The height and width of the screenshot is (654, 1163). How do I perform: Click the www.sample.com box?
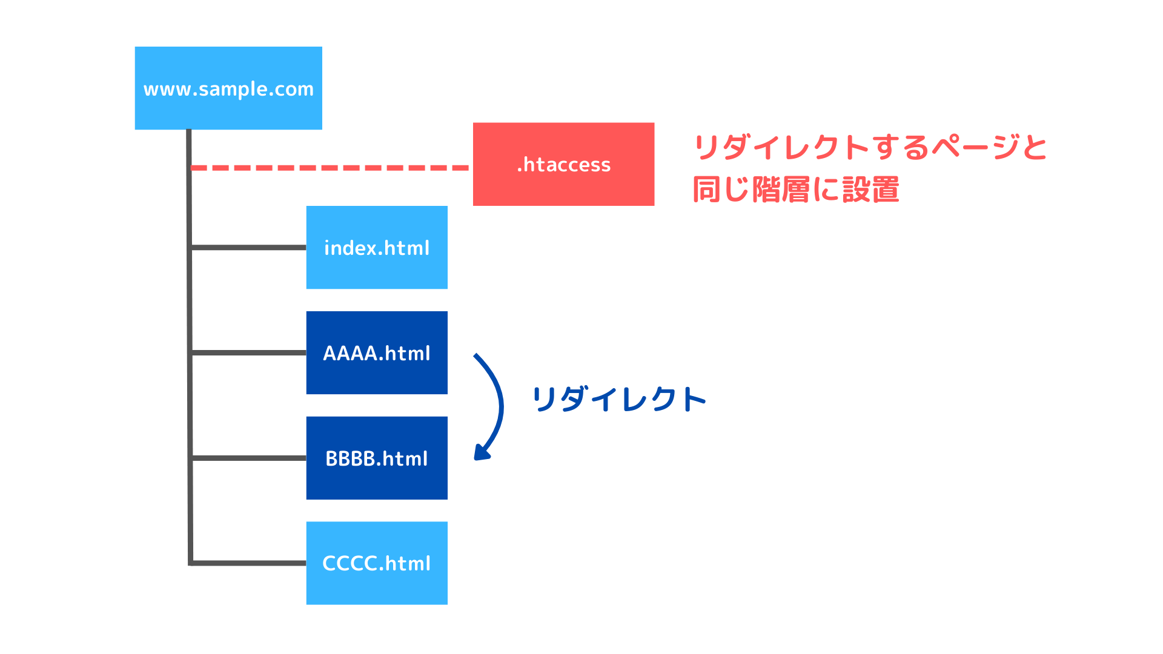coord(228,88)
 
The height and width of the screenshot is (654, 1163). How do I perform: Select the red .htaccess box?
coord(563,164)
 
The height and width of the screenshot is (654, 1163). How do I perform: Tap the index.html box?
coord(377,247)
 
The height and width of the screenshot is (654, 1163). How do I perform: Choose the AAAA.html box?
coord(377,352)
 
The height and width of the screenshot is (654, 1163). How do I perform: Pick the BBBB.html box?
coord(377,458)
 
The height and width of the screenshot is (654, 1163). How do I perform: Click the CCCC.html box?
coord(377,563)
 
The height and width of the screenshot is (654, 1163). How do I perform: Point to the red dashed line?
coord(330,168)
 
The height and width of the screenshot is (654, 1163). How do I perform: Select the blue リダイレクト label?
coord(619,400)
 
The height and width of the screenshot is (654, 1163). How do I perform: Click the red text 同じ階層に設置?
coord(796,190)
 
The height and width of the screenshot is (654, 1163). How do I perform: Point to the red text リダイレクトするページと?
coord(870,147)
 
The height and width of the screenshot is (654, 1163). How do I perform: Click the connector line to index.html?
coord(249,247)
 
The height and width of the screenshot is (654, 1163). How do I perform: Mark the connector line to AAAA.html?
coord(249,352)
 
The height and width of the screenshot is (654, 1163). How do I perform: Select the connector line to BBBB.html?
coord(249,458)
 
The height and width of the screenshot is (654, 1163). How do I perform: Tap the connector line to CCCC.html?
coord(249,563)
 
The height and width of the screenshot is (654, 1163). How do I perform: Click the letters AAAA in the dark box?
coord(351,353)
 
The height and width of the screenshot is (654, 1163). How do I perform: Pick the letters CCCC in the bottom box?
coord(350,563)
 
